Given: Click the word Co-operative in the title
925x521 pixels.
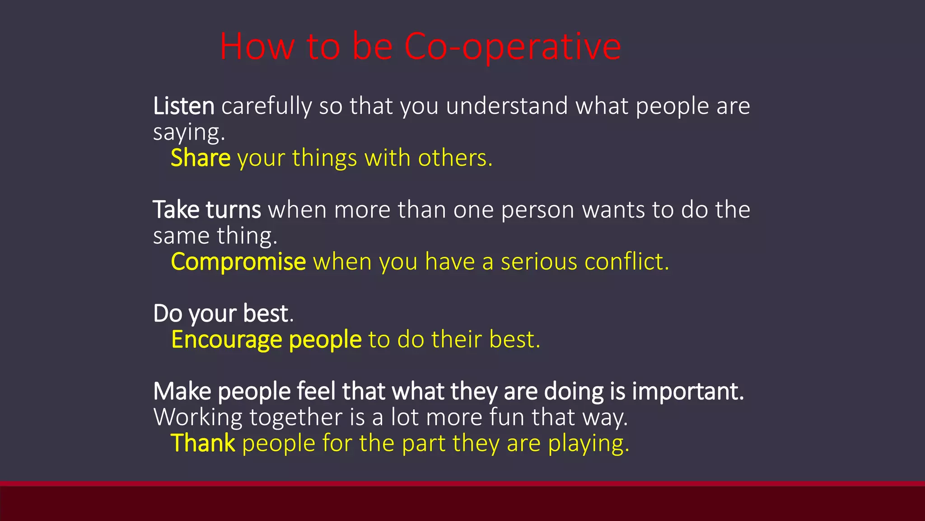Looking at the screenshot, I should point(512,47).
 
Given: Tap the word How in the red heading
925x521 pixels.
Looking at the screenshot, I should point(257,47).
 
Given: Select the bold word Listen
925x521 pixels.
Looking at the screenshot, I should point(183,106).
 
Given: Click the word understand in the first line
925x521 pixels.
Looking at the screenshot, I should point(507,106).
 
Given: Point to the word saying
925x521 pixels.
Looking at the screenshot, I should point(188,133).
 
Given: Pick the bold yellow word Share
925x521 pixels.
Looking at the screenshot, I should point(201,159).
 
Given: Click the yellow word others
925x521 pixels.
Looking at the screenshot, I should point(454,159).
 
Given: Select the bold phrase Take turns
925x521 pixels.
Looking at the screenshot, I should point(207,210).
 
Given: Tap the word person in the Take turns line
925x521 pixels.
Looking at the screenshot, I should point(537,210).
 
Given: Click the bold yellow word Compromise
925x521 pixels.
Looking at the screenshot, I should point(238,262).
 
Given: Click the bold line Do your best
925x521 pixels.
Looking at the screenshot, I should point(223,314).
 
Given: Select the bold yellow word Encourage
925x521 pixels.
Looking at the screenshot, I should point(227,340).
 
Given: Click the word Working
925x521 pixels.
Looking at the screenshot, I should point(198,417).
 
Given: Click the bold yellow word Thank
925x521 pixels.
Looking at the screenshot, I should point(203,443).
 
